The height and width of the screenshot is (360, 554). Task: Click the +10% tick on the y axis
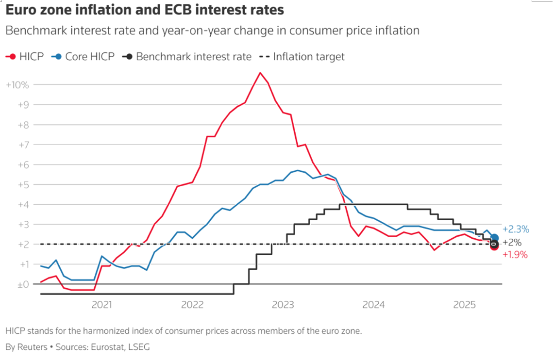[17, 85]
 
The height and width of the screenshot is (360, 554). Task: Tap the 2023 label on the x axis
[283, 305]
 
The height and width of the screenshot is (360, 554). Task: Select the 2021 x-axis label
[101, 305]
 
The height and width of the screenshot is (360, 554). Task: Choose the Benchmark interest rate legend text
[193, 57]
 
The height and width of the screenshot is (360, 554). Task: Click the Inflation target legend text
[309, 57]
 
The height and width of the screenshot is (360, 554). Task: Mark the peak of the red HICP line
[260, 73]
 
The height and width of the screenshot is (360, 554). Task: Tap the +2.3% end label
[516, 229]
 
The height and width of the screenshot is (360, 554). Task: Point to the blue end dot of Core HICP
[495, 238]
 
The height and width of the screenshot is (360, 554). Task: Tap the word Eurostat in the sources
[106, 347]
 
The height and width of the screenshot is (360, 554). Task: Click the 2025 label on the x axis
[464, 305]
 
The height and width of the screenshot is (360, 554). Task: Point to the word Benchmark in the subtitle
[34, 31]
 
